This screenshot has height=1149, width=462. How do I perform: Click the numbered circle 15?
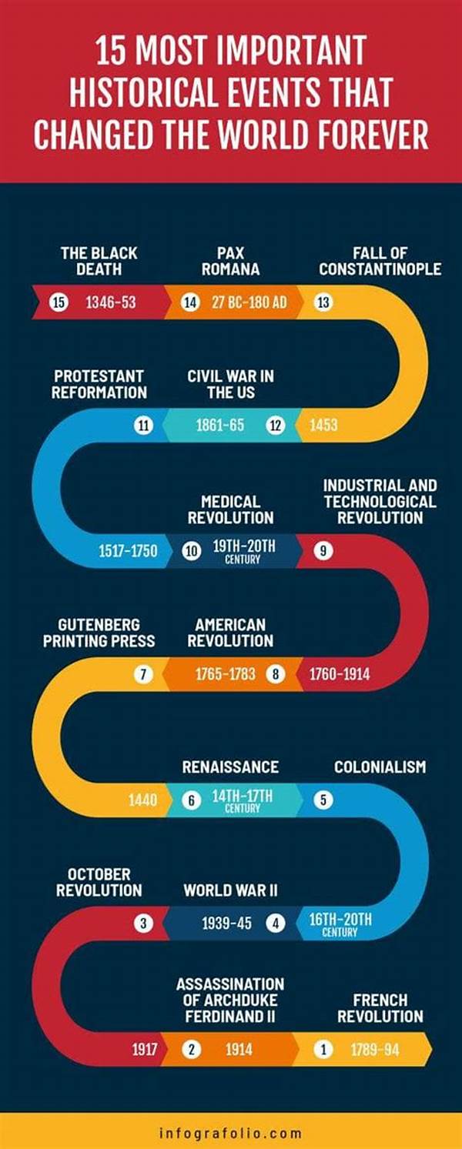(58, 302)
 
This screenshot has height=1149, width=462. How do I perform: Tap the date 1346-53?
(110, 302)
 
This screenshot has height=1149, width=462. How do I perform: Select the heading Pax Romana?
(230, 261)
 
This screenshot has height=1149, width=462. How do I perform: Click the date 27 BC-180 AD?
(249, 302)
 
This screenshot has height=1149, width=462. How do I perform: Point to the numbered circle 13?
(323, 302)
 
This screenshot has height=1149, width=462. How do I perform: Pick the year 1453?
(323, 425)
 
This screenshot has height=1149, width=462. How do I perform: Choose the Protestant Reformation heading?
(99, 384)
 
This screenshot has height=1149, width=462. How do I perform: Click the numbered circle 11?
(143, 425)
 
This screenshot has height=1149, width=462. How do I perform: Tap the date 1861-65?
(219, 425)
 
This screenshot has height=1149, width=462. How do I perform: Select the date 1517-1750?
(128, 550)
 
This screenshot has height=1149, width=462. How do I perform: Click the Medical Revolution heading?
(230, 509)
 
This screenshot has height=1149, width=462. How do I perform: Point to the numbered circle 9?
(323, 550)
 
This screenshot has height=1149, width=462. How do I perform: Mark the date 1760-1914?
(340, 675)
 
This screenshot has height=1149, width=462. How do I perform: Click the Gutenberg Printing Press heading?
(99, 633)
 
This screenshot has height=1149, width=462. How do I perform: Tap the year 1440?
(143, 800)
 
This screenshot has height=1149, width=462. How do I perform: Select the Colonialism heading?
(380, 767)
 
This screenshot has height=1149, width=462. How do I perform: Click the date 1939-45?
(226, 924)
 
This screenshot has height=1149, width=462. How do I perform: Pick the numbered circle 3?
(143, 924)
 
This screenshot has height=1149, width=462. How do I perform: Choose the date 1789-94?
(375, 1049)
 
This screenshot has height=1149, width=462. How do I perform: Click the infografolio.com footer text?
(230, 1133)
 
